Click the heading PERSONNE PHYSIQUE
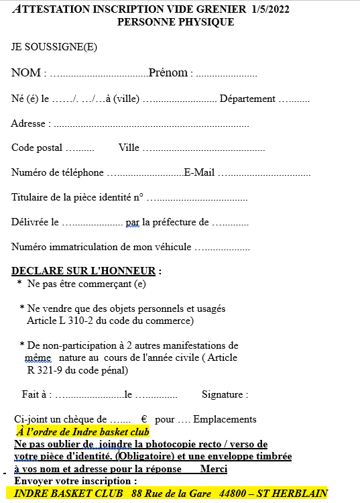coord(176,22)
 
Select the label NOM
coord(26,73)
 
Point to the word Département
coord(247,99)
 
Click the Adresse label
coord(28,123)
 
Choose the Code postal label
coord(37,148)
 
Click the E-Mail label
coord(199,172)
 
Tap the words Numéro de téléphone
coord(58,172)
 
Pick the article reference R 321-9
coord(46,370)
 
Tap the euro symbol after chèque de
coord(144,420)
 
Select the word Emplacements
coord(225,420)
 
